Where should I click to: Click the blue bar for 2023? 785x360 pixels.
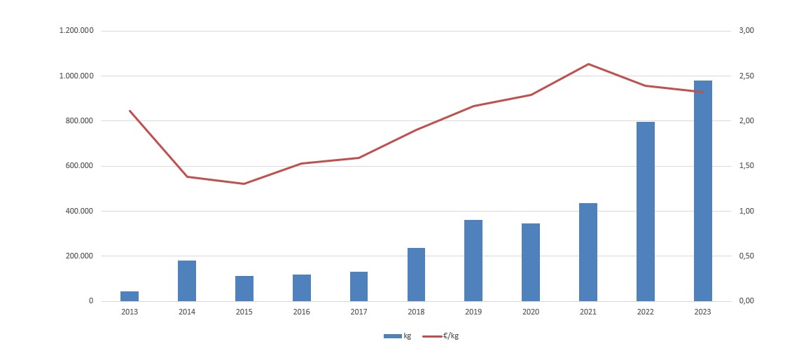pos(702,191)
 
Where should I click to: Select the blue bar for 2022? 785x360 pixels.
pos(645,212)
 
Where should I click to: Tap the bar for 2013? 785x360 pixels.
pos(130,296)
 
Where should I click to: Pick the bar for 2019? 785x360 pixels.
pos(473,261)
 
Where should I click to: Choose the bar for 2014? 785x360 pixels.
pos(187,281)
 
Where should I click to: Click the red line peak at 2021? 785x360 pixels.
pos(588,64)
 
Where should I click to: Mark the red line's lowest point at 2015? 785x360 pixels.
pos(244,184)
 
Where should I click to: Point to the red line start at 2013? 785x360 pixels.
pos(130,111)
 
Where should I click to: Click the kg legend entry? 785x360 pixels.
pos(398,336)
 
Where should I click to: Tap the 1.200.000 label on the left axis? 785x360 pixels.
pos(78,31)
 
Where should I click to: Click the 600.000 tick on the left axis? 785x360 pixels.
pos(81,166)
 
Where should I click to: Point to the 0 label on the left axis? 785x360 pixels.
pos(90,301)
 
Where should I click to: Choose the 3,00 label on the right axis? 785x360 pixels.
pos(746,31)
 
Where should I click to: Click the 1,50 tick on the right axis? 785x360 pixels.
pos(746,166)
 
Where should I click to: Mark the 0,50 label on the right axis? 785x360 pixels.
pos(746,256)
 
